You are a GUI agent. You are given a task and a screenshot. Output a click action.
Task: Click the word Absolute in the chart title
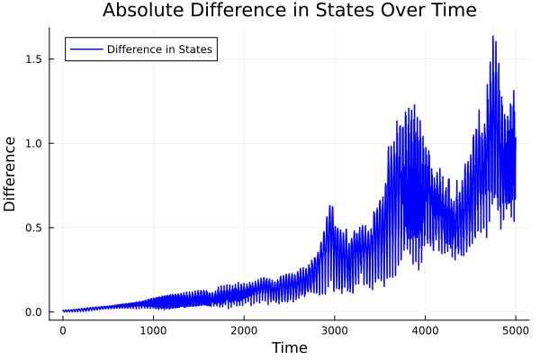[142, 11]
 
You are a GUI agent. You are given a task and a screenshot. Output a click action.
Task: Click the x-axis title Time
[289, 347]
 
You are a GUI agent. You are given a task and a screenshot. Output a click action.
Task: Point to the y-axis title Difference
[11, 174]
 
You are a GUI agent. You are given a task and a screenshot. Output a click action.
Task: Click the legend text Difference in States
[159, 49]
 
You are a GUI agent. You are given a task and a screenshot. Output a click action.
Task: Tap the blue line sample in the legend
[85, 49]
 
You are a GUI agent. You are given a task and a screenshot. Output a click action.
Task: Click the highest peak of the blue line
[493, 36]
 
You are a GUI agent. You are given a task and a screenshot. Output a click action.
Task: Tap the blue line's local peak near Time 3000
[330, 206]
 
